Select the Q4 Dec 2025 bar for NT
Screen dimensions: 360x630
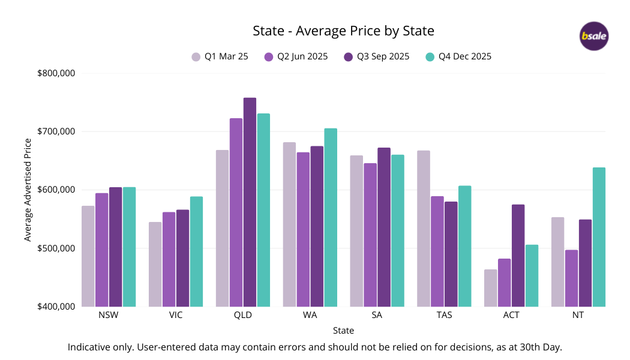coord(599,237)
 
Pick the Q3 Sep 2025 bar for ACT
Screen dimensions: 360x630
coord(518,256)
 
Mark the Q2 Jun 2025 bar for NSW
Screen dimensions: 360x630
coord(102,250)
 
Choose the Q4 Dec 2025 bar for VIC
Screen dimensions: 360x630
coord(196,251)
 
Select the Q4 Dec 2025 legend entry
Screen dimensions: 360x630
coord(458,57)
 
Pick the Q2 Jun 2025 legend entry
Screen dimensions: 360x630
coord(296,57)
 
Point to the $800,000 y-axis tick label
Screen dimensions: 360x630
coord(56,73)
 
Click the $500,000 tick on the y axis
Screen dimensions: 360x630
coord(56,248)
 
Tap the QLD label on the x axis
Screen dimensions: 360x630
coord(243,315)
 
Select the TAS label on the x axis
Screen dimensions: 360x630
coord(445,315)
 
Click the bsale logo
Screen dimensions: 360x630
coord(594,36)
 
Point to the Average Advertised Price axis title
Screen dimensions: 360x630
coord(28,190)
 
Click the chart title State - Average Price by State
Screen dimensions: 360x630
coord(343,31)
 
